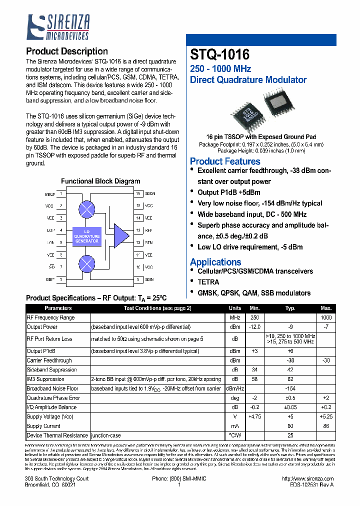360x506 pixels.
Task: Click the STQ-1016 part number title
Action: coord(219,54)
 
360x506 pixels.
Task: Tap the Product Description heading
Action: coord(66,51)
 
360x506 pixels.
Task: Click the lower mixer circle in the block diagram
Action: coord(87,263)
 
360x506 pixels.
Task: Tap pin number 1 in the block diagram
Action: coord(61,193)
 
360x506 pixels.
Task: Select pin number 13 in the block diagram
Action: coord(138,230)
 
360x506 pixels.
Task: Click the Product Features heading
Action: coord(225,161)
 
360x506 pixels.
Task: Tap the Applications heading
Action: coord(215,262)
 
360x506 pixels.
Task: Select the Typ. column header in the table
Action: coord(290,308)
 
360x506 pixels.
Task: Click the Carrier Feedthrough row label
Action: coord(49,360)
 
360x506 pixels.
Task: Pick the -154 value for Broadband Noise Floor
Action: coord(290,388)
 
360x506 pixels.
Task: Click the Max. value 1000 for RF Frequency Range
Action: coord(326,318)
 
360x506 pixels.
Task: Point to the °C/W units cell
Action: coord(235,435)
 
